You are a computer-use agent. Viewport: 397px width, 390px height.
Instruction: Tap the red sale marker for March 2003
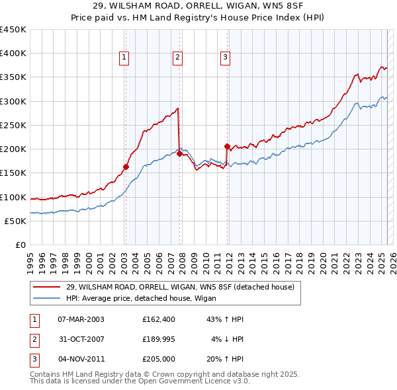[126, 167]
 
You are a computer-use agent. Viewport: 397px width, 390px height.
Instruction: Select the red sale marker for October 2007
[179, 153]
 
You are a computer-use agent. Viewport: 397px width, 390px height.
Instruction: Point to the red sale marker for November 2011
[227, 146]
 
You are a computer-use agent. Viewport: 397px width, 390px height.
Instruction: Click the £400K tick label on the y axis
[13, 54]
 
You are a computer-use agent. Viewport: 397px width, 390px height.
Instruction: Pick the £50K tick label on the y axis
[16, 221]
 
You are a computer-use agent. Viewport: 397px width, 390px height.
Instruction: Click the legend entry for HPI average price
[129, 298]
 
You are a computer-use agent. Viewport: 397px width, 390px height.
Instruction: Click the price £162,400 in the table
[158, 319]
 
